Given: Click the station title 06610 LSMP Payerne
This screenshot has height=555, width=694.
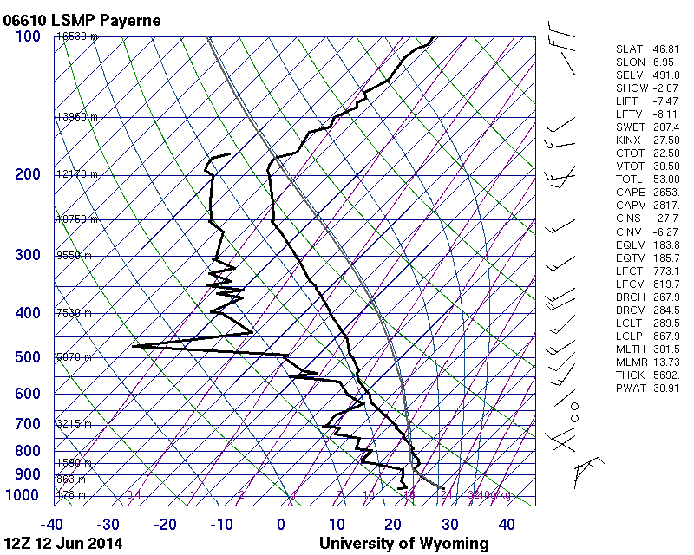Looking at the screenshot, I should click(x=82, y=20).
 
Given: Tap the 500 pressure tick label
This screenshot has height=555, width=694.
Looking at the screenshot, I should click(x=27, y=357).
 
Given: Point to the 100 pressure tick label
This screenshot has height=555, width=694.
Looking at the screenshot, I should click(x=27, y=36).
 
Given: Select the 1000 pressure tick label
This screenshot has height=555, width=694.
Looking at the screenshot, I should click(x=23, y=495).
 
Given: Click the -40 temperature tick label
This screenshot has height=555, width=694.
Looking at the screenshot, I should click(x=51, y=525).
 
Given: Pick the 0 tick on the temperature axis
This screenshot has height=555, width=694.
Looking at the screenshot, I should click(x=281, y=525).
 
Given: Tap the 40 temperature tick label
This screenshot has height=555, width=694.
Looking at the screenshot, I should click(x=506, y=525).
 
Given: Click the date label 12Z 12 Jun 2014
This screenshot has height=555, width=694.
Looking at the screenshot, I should click(x=62, y=544).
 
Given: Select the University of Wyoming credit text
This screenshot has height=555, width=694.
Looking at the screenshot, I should click(x=403, y=544).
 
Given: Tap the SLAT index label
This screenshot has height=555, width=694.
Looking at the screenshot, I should click(x=630, y=49).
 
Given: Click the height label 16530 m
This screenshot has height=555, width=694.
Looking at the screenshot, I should click(x=77, y=36).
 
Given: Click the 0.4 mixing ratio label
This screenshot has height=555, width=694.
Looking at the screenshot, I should click(x=134, y=495).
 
